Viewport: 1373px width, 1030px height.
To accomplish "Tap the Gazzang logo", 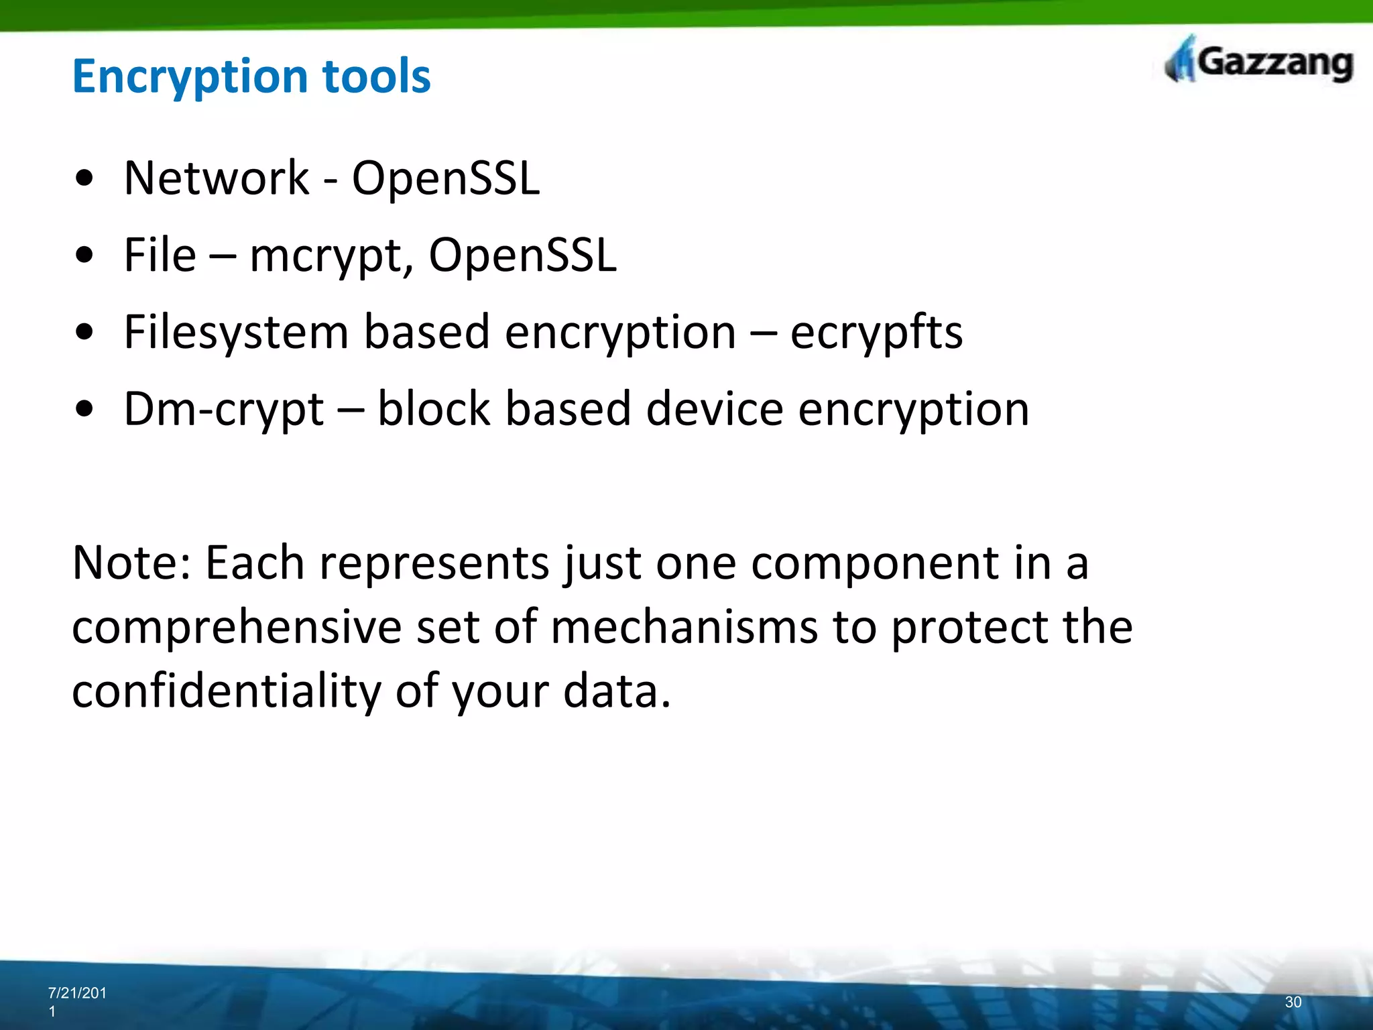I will coord(1258,62).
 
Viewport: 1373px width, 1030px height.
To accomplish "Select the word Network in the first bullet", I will coord(216,178).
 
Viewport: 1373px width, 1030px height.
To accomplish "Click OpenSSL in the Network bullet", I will coord(445,178).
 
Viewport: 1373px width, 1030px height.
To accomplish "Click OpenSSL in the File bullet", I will coord(522,255).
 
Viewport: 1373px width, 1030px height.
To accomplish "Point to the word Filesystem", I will coord(236,333).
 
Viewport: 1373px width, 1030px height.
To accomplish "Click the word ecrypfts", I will coord(876,333).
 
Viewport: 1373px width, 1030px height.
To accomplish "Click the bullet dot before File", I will coord(84,256).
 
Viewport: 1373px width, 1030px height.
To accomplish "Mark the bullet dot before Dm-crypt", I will coord(84,410).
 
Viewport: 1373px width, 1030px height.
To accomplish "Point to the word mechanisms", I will coord(684,628).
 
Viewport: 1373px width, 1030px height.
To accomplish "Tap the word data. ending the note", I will coord(617,692).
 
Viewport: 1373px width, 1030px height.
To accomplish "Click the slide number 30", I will coord(1293,1002).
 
